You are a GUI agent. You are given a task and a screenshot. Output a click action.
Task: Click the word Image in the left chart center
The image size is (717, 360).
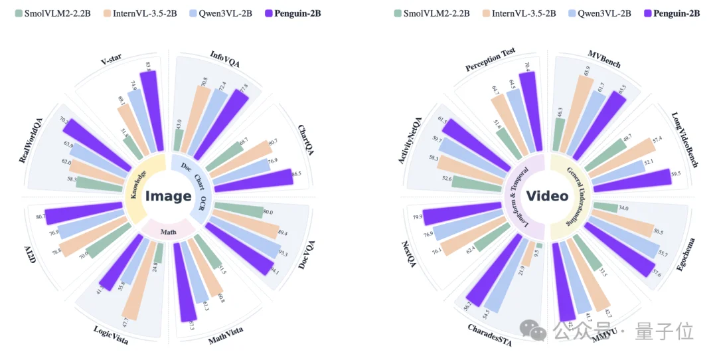(x=168, y=196)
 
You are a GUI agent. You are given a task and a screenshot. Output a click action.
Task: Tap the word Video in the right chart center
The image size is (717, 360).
(x=547, y=196)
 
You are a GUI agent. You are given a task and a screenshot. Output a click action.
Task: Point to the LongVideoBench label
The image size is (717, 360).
(x=684, y=139)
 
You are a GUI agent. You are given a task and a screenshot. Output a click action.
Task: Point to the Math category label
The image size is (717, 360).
(x=168, y=230)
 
